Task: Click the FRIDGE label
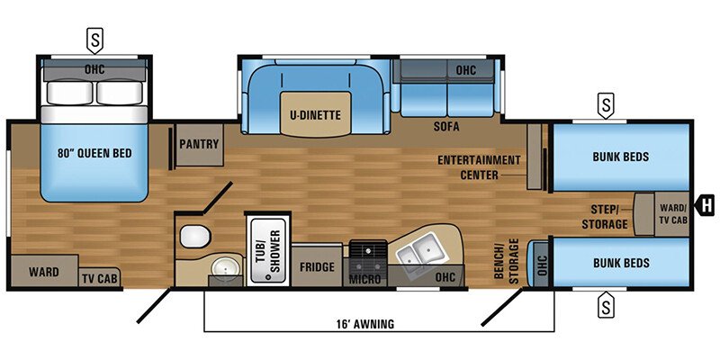pyautogui.click(x=318, y=268)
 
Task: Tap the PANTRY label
pyautogui.click(x=199, y=143)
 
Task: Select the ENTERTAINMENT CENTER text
pyautogui.click(x=480, y=166)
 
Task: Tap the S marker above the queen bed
pyautogui.click(x=94, y=39)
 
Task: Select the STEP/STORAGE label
pyautogui.click(x=604, y=217)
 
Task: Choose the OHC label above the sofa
pyautogui.click(x=465, y=69)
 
